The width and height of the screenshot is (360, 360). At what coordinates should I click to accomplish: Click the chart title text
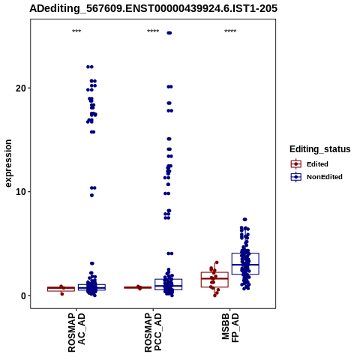[153, 8]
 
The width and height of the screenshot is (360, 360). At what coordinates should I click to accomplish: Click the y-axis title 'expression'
[8, 163]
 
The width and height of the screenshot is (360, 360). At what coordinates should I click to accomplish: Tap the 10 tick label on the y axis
[21, 192]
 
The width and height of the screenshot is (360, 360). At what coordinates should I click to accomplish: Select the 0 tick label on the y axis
[24, 296]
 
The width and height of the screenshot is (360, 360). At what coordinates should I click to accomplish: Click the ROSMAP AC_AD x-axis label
[76, 332]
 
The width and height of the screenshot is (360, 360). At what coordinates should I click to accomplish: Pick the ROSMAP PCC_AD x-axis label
[153, 332]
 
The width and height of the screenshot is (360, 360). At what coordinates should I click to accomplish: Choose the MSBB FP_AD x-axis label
[230, 328]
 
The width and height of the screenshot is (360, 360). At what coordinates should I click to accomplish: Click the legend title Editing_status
[320, 149]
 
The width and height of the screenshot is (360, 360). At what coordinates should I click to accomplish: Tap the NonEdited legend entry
[316, 177]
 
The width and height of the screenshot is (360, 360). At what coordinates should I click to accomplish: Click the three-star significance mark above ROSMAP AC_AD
[76, 31]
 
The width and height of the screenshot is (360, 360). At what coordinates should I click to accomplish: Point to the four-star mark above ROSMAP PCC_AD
[153, 31]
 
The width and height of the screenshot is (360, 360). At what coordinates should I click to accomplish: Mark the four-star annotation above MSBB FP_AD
[230, 31]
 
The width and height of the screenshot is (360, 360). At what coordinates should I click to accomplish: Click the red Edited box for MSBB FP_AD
[214, 280]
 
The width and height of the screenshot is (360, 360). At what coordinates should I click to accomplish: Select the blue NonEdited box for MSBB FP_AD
[245, 264]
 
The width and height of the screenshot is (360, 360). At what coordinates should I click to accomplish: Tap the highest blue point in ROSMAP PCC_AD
[169, 33]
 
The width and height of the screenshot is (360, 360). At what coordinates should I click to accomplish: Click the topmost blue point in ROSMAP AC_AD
[90, 67]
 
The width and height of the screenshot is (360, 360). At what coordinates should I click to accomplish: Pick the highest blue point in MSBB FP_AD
[245, 220]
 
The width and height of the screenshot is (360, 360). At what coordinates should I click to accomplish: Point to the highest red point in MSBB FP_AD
[217, 262]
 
